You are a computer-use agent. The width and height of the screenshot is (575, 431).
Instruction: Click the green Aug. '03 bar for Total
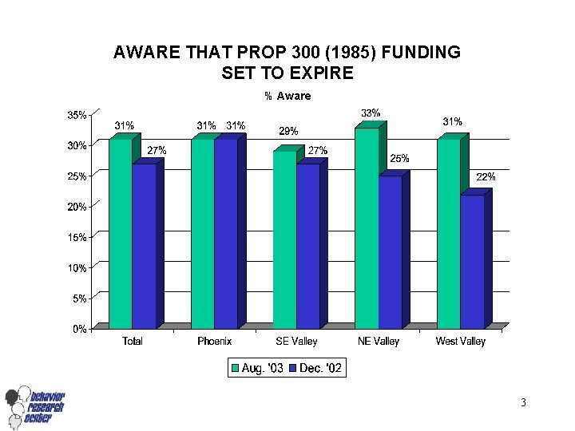(121, 233)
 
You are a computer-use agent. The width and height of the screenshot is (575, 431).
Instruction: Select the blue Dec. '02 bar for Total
(144, 246)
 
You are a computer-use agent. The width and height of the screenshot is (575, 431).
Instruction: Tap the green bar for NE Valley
(367, 227)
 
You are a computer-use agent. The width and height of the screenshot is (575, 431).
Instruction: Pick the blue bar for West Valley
(472, 261)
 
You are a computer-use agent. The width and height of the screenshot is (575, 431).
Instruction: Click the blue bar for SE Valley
(307, 246)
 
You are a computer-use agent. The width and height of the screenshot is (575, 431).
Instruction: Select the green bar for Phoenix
(203, 233)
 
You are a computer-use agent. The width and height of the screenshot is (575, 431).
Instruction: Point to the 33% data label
(371, 113)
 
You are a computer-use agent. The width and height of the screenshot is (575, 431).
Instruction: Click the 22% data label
(486, 177)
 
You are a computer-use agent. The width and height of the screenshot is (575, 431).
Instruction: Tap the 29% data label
(288, 131)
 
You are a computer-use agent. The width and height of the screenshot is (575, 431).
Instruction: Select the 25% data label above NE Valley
(399, 159)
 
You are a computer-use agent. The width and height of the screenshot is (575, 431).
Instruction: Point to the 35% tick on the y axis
(77, 115)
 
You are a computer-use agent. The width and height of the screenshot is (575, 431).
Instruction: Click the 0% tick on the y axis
(79, 328)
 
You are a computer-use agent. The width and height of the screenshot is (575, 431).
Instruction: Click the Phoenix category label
(214, 342)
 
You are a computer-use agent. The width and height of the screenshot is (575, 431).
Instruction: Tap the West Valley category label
(460, 342)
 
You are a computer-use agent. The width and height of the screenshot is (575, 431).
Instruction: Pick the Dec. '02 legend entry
(317, 368)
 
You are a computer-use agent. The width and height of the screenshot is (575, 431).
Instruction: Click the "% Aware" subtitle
(287, 96)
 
